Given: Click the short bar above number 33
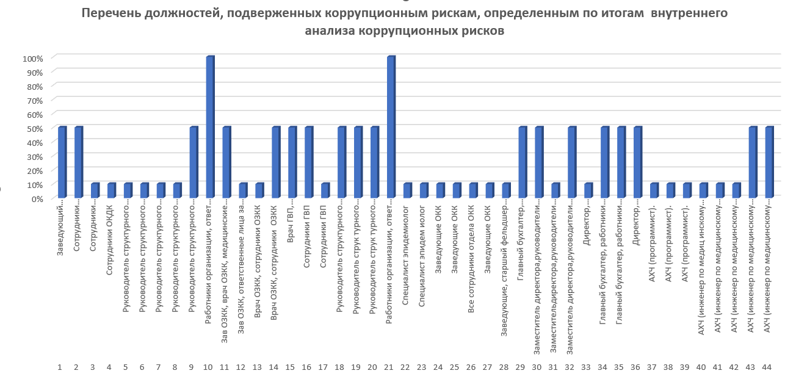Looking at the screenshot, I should pyautogui.click(x=588, y=190).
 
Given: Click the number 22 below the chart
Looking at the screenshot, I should pyautogui.click(x=405, y=367).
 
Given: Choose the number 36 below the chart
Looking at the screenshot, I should pyautogui.click(x=636, y=367).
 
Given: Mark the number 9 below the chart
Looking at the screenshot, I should pyautogui.click(x=192, y=367).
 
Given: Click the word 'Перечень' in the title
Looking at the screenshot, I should pyautogui.click(x=111, y=13).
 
